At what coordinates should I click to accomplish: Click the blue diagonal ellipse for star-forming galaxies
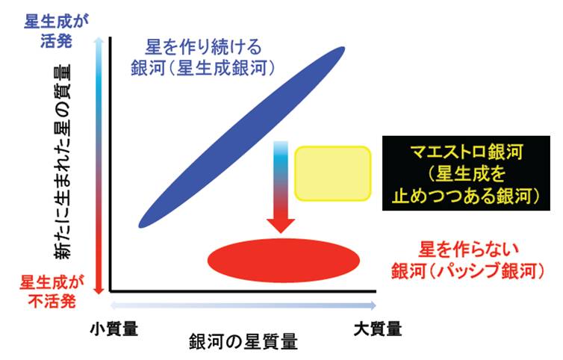tap(241, 137)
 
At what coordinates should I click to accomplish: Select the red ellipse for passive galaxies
tap(284, 260)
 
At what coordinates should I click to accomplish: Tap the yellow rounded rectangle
tap(333, 173)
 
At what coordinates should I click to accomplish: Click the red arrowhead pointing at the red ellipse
tap(281, 226)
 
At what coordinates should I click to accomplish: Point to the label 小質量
tap(113, 329)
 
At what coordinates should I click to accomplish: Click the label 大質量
tap(378, 329)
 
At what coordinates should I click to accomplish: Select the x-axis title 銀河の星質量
tap(243, 341)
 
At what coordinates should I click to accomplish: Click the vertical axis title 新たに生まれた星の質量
tap(63, 161)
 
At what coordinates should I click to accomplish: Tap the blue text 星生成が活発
tap(56, 31)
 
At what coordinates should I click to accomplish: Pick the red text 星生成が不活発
tap(52, 291)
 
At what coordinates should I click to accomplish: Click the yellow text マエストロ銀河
tap(467, 152)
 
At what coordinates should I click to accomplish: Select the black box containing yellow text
tap(466, 173)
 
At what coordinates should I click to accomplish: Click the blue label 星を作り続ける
tap(203, 47)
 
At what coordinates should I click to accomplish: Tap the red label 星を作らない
tap(469, 249)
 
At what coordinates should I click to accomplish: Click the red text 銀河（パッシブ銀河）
tap(468, 270)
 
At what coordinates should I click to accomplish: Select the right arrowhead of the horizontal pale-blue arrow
tap(373, 305)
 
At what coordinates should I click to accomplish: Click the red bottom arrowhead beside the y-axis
tap(99, 289)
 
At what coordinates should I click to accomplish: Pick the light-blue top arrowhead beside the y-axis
tap(99, 40)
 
